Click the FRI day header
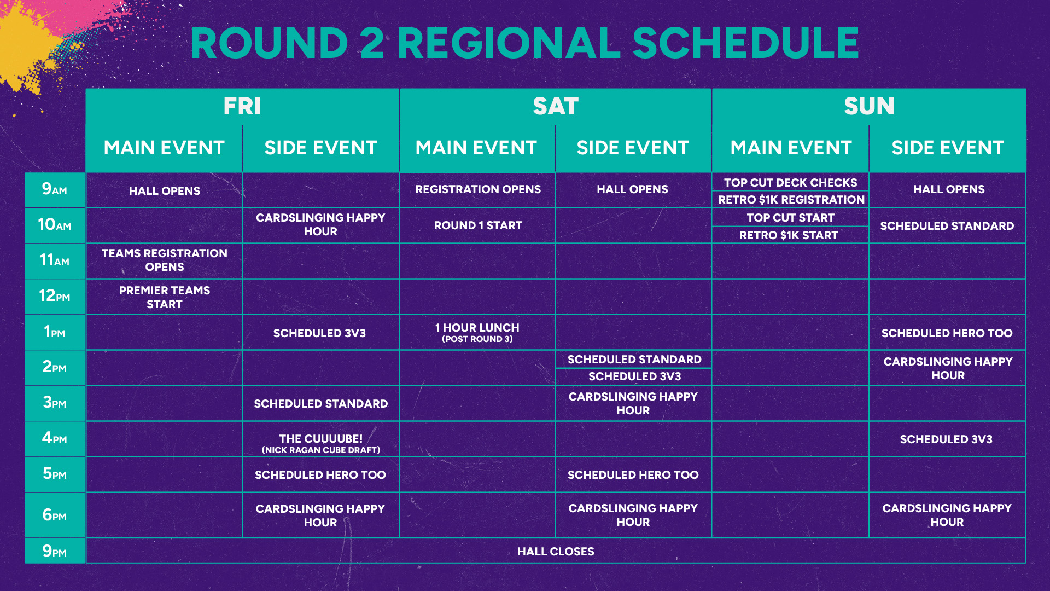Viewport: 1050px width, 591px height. [x=242, y=106]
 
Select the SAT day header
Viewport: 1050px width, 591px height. [x=555, y=106]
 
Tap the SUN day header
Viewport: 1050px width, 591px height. [x=869, y=106]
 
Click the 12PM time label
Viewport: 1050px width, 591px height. [x=55, y=296]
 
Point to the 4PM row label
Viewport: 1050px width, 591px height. [x=55, y=438]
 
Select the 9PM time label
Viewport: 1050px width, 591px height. [x=55, y=551]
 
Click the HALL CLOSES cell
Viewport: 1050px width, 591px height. [x=556, y=551]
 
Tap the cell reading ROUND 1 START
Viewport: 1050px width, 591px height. [x=477, y=225]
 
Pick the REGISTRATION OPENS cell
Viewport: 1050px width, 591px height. [x=477, y=189]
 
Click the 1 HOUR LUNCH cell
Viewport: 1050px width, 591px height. [x=477, y=332]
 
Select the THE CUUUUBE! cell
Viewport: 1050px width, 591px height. [x=320, y=443]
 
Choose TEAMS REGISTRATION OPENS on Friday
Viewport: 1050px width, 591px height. [x=164, y=260]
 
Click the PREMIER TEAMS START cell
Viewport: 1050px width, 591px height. [x=164, y=297]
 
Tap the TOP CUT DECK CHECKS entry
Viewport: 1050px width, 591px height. [x=790, y=182]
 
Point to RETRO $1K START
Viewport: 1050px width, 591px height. [x=789, y=235]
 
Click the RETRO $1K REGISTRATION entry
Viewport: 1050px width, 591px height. [x=791, y=199]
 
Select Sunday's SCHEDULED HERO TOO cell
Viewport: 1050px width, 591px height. [x=947, y=333]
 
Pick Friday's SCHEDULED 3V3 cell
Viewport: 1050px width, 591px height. [x=319, y=333]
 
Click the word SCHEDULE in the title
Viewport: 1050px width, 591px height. [x=745, y=43]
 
